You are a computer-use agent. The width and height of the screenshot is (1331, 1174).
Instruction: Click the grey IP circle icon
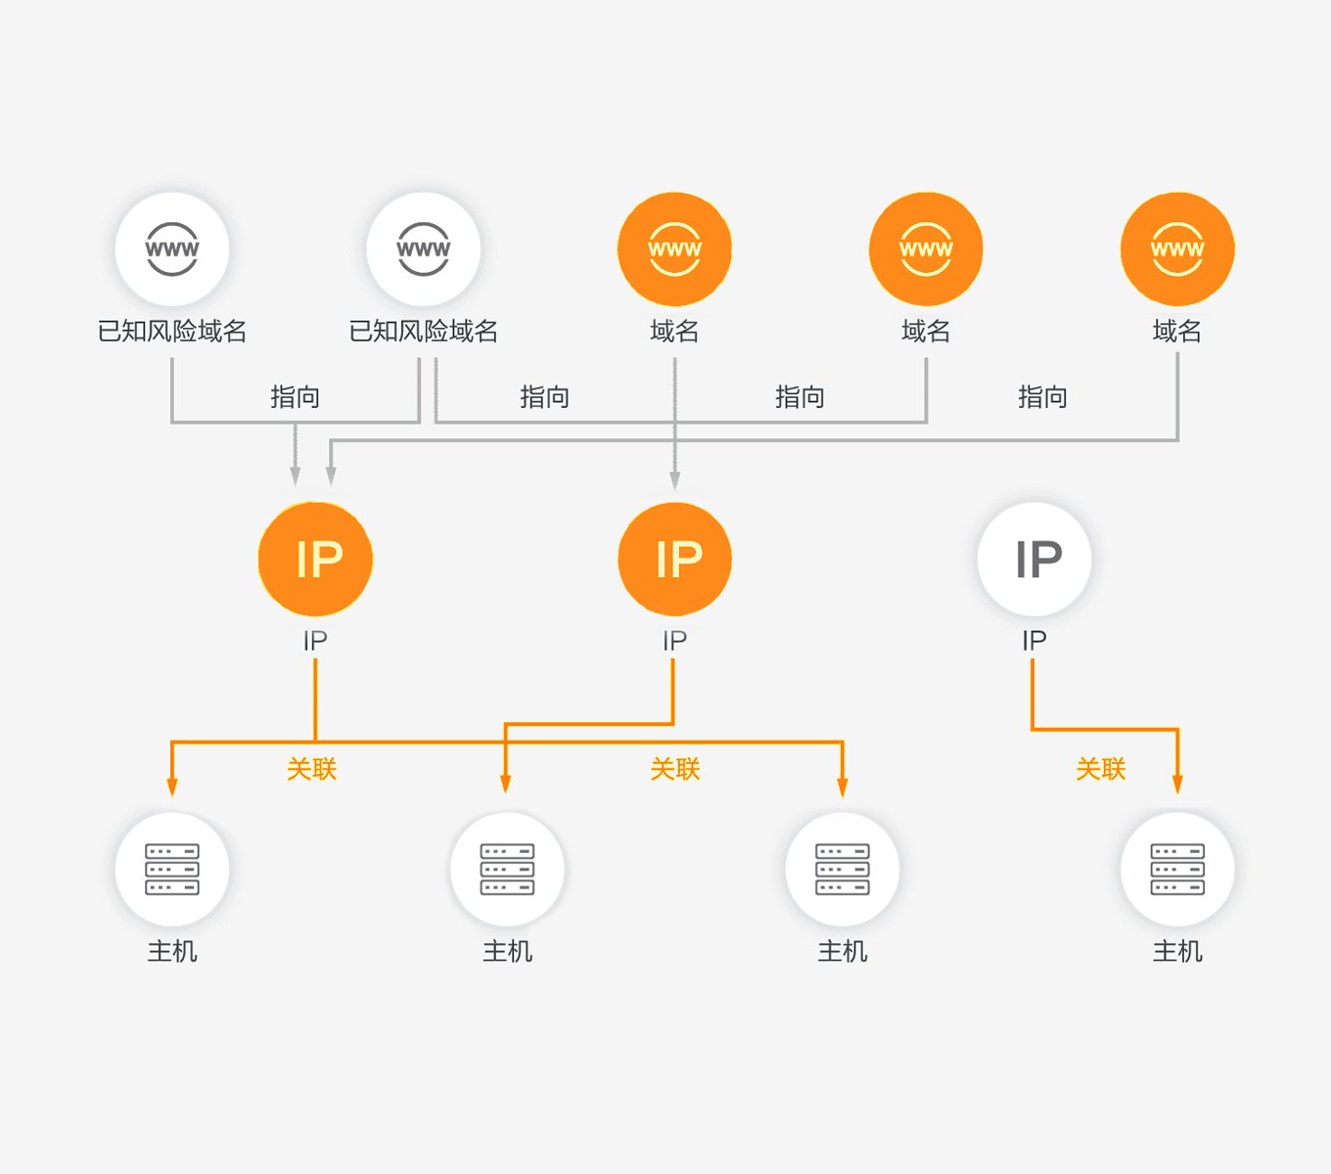tap(1034, 560)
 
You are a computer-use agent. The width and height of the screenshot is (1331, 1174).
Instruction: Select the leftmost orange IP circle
tap(315, 560)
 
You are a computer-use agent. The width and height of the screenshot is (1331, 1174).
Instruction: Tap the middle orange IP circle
tap(674, 560)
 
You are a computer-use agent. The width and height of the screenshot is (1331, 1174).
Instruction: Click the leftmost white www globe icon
tap(172, 249)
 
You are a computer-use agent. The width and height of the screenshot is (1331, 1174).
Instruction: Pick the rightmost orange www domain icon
tap(1177, 249)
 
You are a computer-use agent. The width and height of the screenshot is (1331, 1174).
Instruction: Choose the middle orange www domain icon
tap(926, 249)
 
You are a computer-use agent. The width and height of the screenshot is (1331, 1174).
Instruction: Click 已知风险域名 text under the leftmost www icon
tap(172, 332)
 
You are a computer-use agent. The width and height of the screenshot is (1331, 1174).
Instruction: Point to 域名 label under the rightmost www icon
tap(1177, 332)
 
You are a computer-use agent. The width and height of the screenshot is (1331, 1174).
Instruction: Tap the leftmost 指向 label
tap(295, 397)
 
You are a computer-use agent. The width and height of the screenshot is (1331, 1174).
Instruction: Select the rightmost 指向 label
tap(1042, 397)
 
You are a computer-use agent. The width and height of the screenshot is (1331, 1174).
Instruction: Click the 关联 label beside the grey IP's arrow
tap(1101, 769)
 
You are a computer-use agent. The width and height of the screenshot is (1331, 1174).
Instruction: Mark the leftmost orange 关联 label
tap(312, 769)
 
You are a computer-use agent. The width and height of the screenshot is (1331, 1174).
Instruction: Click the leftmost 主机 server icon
tap(172, 869)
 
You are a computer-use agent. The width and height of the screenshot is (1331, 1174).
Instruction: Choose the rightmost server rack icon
tap(1177, 869)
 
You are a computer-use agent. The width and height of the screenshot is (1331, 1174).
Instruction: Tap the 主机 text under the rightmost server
tap(1177, 951)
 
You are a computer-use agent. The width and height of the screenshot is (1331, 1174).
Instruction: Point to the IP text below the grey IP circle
tap(1034, 641)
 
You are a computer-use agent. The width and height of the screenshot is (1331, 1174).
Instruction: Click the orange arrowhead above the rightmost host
tap(1177, 785)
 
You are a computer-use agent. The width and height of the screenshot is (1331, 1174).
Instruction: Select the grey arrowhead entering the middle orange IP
tap(674, 479)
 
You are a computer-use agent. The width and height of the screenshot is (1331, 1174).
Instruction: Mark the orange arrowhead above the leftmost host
tap(172, 788)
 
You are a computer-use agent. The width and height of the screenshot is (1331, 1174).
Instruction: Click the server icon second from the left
tap(507, 869)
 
